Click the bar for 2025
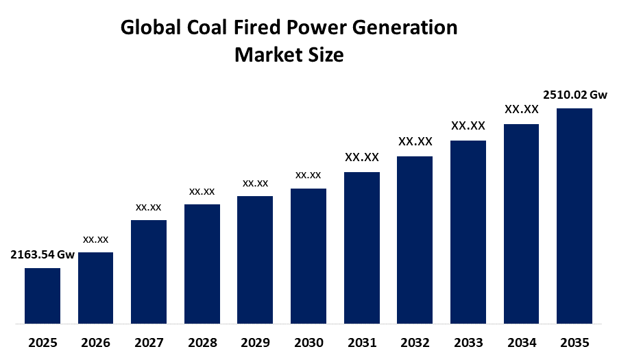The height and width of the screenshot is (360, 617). (43, 295)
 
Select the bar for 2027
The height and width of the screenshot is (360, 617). (149, 271)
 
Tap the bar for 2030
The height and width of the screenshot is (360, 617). (308, 255)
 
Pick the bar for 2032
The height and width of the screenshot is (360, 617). (415, 239)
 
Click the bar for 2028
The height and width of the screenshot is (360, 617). (202, 263)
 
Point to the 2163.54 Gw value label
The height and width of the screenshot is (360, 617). (43, 254)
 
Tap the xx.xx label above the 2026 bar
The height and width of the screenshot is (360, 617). (96, 239)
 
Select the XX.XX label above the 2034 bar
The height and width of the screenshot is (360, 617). (521, 109)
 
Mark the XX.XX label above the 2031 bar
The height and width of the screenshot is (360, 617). (362, 157)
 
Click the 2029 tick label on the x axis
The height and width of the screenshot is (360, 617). (255, 342)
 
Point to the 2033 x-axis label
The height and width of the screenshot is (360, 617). (468, 342)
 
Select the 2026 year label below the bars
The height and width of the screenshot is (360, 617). (96, 342)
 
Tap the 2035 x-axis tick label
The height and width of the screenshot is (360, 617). (574, 342)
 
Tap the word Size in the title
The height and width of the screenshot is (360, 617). (326, 55)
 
